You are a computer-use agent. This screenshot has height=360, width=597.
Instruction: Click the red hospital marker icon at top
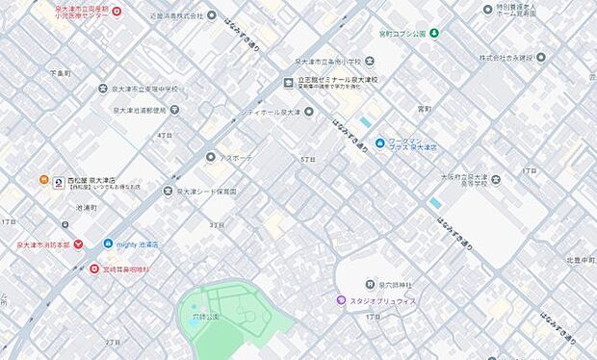(117, 11)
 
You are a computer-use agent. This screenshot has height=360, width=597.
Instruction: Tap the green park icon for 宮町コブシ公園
(434, 34)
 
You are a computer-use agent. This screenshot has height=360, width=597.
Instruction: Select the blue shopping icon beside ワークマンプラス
(380, 143)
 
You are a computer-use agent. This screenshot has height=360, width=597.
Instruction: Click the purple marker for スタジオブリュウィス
(341, 300)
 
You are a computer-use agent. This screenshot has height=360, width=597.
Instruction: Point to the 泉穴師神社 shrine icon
(371, 284)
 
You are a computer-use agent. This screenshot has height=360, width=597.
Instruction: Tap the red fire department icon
(79, 244)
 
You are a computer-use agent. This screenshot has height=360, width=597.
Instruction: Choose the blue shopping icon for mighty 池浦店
(108, 244)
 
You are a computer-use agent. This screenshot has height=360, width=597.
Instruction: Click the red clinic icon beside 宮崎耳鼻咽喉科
(94, 269)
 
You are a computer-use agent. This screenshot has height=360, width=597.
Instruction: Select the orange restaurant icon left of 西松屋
(43, 180)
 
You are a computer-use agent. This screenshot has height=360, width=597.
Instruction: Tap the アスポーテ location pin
(210, 156)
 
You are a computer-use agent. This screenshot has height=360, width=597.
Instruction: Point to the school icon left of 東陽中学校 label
(103, 89)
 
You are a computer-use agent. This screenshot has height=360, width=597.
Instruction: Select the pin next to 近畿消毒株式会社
(225, 16)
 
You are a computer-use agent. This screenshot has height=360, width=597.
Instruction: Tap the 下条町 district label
(60, 71)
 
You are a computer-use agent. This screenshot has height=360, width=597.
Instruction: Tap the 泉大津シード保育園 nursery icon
(169, 192)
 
